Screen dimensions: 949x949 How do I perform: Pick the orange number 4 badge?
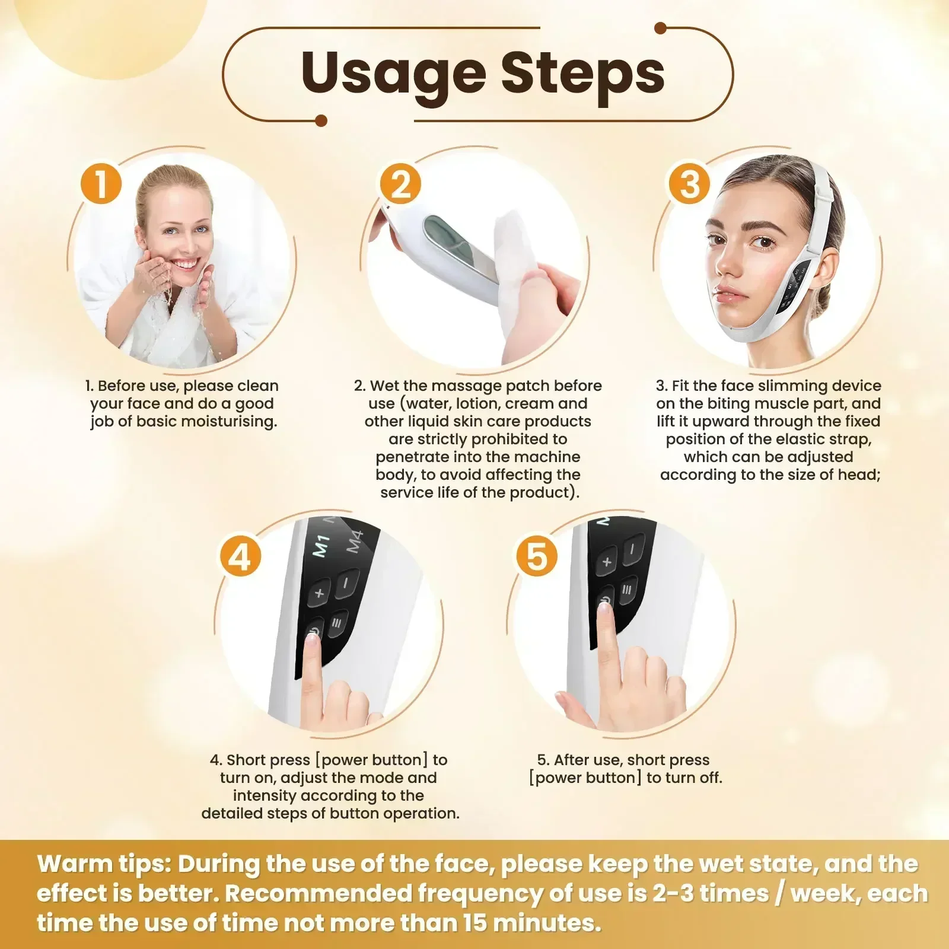click(x=240, y=556)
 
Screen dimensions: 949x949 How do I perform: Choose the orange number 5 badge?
click(x=536, y=556)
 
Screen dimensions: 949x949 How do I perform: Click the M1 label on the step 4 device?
click(x=321, y=546)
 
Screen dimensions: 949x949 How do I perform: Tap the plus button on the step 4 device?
click(x=319, y=592)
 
